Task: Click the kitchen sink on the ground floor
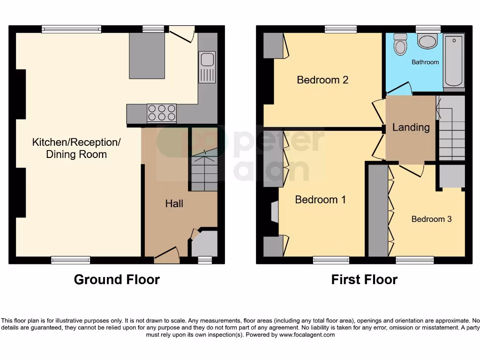point(207,67)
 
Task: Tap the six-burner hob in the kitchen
point(161,113)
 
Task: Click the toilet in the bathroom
point(400,45)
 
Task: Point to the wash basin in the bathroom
point(427,41)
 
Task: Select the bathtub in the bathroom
point(453,60)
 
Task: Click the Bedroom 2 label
point(322,80)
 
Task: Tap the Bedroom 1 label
point(320,200)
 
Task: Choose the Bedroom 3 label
point(431,219)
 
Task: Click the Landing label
point(411,127)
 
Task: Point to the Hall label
point(174,203)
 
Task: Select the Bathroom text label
point(425,62)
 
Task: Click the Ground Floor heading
point(117,279)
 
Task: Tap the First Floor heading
point(364,279)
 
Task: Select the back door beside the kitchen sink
point(182,34)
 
